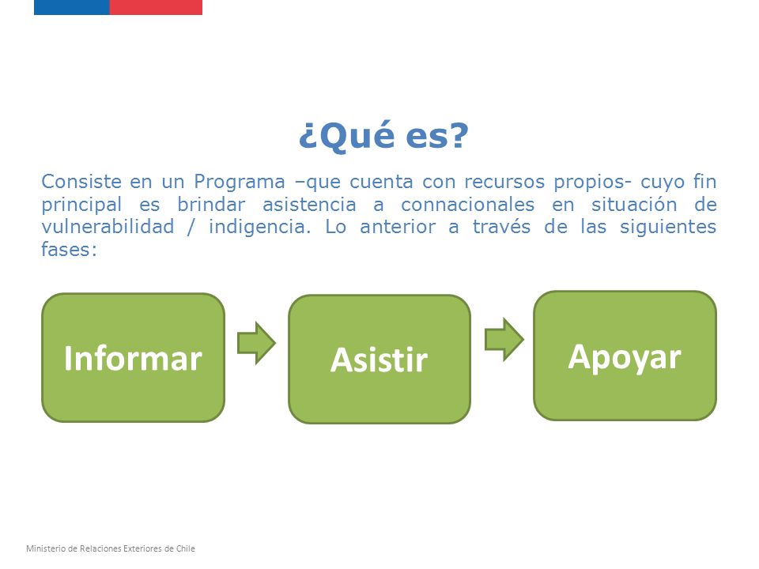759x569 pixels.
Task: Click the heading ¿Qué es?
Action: pos(383,135)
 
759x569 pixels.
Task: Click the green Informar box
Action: pos(133,357)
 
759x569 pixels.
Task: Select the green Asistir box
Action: pos(379,359)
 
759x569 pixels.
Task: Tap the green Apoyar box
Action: pos(625,356)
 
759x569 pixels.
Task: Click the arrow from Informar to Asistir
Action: pos(256,343)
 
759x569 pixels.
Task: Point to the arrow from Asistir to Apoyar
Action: pos(504,339)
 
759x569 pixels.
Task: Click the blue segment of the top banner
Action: pos(72,7)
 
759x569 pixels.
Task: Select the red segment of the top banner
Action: pos(156,7)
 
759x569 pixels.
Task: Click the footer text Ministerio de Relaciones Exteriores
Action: pos(94,548)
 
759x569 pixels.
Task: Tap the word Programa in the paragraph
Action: pos(239,183)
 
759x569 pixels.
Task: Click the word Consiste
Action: pos(81,182)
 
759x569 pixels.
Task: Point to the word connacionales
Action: pos(467,204)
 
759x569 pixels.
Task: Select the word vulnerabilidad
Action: pos(108,227)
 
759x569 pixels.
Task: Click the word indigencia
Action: pos(259,228)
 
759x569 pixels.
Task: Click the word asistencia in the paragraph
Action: pos(309,204)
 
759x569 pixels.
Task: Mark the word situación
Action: pos(634,204)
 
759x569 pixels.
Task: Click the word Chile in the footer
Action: pos(185,548)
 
